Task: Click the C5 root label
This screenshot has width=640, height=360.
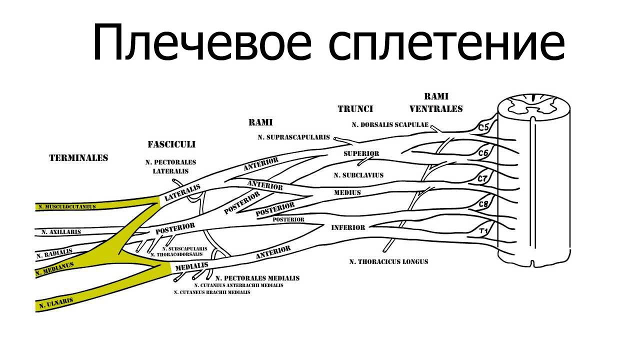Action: [483, 127]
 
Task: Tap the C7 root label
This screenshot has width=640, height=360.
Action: [482, 178]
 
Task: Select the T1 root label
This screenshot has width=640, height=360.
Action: [483, 231]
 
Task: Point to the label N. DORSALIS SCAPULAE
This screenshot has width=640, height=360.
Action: [390, 125]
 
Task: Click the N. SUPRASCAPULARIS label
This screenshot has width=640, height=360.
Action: [294, 136]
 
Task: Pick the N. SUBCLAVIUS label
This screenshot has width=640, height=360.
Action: [358, 175]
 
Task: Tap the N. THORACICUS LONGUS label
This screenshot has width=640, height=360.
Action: [388, 261]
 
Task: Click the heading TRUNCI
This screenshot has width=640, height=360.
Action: [355, 108]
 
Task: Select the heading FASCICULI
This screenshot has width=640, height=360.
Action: [171, 144]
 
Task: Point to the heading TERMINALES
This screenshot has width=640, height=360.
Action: [78, 158]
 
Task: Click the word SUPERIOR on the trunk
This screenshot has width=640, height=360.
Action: [361, 153]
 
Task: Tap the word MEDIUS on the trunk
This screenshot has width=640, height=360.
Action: [347, 192]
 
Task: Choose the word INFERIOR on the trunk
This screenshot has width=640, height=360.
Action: [348, 227]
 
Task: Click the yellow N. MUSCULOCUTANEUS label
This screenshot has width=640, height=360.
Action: [67, 206]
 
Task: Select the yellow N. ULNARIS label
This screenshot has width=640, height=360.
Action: [56, 302]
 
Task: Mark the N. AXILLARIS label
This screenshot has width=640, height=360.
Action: [61, 232]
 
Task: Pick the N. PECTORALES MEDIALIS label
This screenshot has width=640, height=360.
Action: [257, 278]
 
